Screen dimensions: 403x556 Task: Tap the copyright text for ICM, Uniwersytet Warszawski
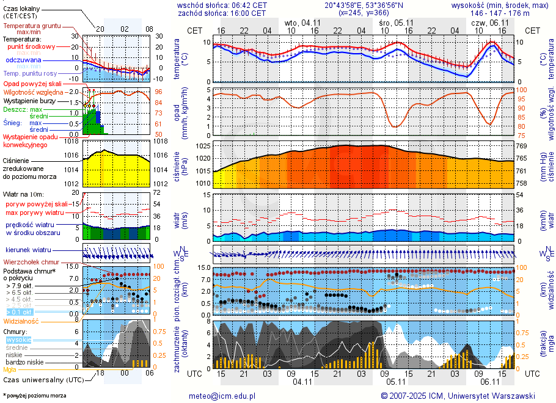click(x=458, y=396)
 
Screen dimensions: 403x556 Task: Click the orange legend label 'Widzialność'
click(x=21, y=321)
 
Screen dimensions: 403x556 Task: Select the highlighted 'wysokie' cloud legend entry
click(x=18, y=339)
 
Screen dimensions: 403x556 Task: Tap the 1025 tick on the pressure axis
click(x=203, y=147)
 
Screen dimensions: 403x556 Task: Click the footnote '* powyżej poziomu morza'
click(x=34, y=396)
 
